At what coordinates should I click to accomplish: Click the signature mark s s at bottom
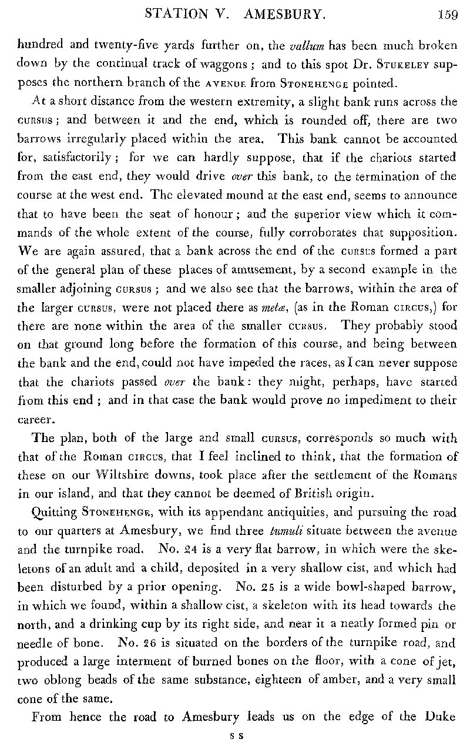[238, 735]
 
